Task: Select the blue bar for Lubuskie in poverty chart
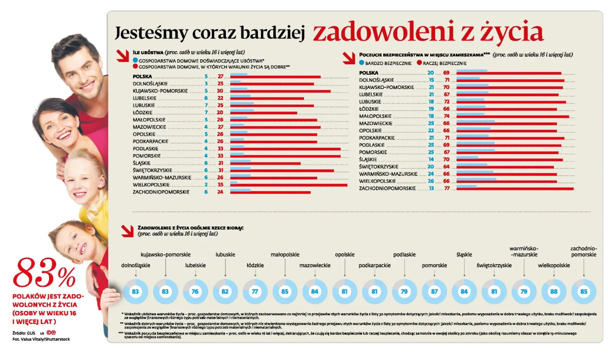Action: pyautogui.click(x=241, y=103)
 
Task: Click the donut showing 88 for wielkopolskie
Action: pyautogui.click(x=554, y=292)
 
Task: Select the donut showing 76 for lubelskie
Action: pyautogui.click(x=195, y=292)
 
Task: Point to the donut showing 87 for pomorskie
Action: pyautogui.click(x=434, y=292)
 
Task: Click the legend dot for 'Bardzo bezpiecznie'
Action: pyautogui.click(x=362, y=63)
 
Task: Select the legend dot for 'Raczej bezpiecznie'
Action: pyautogui.click(x=420, y=63)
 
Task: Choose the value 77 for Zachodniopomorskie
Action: pyautogui.click(x=446, y=188)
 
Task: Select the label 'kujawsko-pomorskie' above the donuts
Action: pyautogui.click(x=165, y=254)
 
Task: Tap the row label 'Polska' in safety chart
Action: pyautogui.click(x=369, y=73)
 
